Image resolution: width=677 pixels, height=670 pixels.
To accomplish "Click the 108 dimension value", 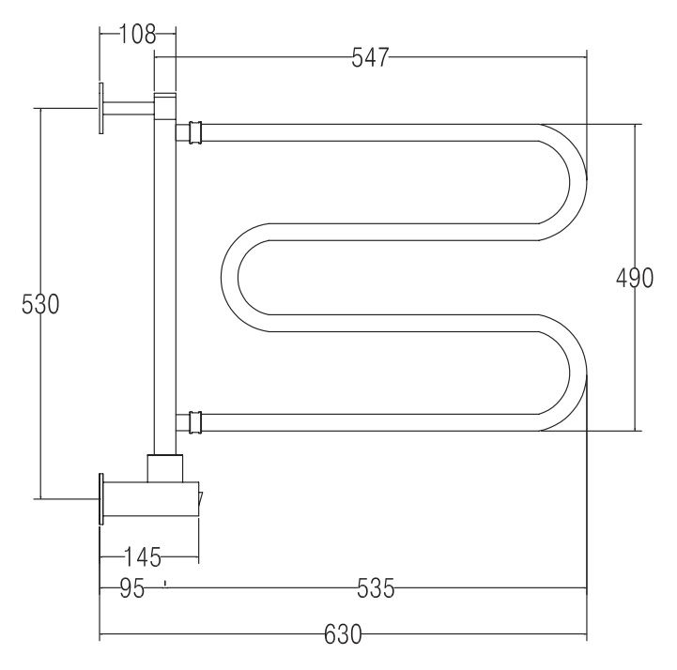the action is (137, 34).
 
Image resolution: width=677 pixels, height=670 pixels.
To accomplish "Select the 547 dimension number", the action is (371, 57).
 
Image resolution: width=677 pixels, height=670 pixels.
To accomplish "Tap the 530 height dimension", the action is (40, 304).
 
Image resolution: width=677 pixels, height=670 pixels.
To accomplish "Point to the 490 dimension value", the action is (634, 278).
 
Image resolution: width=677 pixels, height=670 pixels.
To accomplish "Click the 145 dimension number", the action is (143, 557).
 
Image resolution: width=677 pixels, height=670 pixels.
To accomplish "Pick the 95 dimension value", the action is (132, 588).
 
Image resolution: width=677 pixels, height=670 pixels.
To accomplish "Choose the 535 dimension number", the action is (376, 588).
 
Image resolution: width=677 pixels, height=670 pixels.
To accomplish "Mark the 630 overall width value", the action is (343, 634).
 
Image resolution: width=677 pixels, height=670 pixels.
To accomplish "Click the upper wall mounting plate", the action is (101, 108).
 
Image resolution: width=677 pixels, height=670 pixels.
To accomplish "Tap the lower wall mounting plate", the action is (101, 499).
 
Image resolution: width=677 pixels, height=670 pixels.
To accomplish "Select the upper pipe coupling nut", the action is (195, 132).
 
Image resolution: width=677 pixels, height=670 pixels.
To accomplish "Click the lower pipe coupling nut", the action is (195, 422).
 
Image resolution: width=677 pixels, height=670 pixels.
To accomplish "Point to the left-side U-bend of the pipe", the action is (246, 278).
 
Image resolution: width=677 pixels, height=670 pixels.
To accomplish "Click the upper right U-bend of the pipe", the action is (562, 182).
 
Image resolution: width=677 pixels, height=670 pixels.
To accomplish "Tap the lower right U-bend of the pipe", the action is (562, 373).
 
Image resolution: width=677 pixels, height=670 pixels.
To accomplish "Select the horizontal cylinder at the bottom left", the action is (151, 499).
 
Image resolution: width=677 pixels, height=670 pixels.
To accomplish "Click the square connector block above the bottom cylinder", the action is (165, 468).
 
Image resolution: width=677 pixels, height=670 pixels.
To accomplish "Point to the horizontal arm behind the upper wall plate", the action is (129, 108).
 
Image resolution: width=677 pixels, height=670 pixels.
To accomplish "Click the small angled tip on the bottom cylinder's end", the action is (200, 500).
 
